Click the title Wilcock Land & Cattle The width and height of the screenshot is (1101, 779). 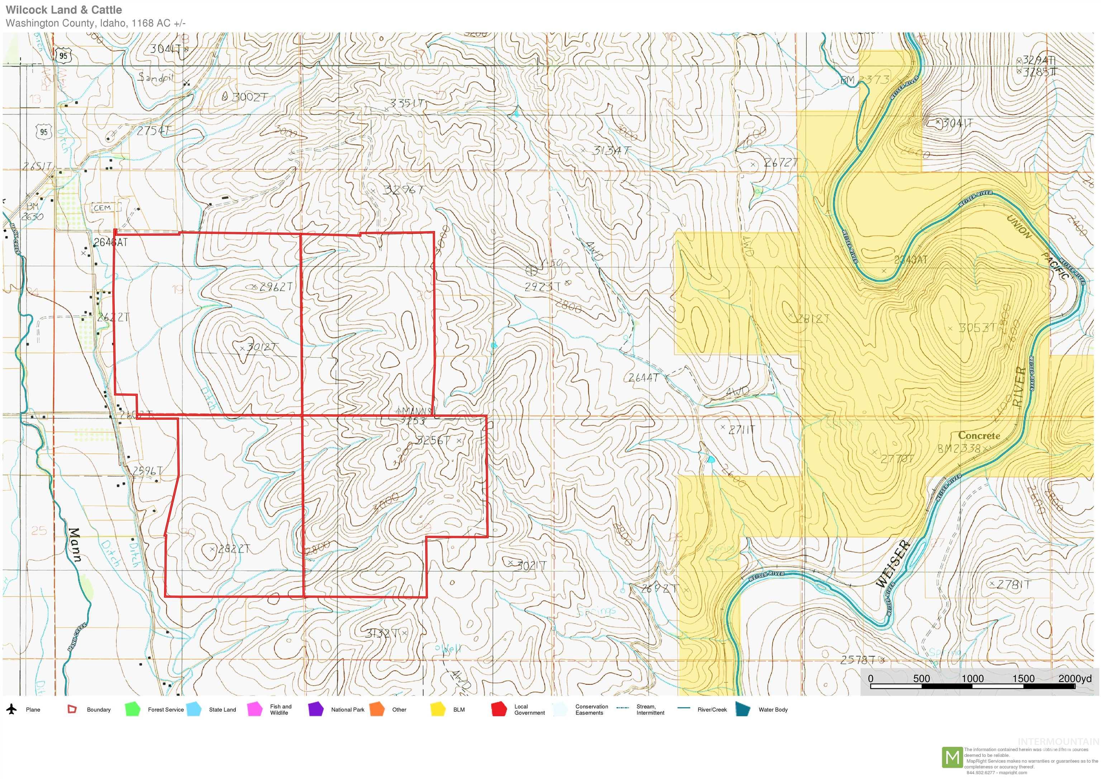[x=64, y=10]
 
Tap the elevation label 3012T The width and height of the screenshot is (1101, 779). [x=261, y=347]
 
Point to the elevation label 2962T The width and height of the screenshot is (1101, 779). [x=275, y=287]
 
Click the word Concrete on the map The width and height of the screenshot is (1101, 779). [x=979, y=436]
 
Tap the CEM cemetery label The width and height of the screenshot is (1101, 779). [x=102, y=208]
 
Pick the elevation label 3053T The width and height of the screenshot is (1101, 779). [x=977, y=328]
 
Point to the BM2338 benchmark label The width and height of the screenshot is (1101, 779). [x=959, y=449]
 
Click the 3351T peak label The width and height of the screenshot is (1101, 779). [x=407, y=103]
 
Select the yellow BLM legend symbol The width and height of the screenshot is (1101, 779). [x=438, y=709]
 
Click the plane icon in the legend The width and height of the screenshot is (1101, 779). [x=11, y=709]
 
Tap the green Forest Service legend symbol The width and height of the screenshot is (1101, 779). [x=132, y=709]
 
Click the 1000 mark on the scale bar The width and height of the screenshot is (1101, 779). [x=972, y=678]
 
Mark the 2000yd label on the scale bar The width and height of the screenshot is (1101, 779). [x=1074, y=678]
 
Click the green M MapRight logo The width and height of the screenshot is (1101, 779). [x=952, y=757]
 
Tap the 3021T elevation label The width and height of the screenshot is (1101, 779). [x=531, y=566]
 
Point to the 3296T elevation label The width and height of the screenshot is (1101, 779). [x=403, y=190]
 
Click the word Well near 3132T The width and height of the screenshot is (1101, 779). [x=451, y=649]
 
